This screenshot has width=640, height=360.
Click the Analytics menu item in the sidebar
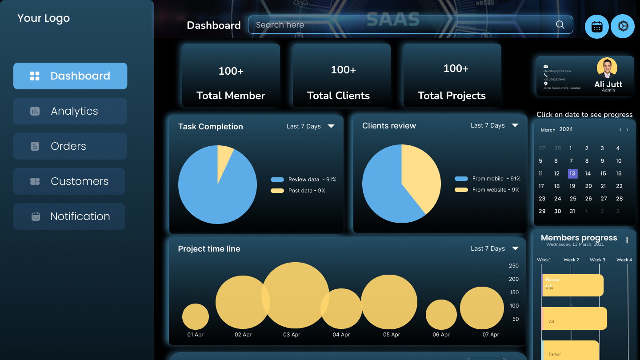pos(70,111)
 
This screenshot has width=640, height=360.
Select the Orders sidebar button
pos(70,146)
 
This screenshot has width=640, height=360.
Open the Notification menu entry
pos(69,216)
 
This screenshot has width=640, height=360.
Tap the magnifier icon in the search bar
pos(560,25)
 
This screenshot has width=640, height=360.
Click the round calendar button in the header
pos(596,27)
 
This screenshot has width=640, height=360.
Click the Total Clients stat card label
pos(338,96)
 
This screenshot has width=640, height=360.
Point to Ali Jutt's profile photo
pos(607,68)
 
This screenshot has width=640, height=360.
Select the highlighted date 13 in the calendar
pos(572,173)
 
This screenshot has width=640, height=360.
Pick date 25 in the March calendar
pos(573,199)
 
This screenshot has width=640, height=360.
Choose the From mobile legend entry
pos(488,179)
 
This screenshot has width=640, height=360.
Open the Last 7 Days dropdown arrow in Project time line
pos(515,248)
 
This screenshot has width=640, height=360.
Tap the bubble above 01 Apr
pos(196,316)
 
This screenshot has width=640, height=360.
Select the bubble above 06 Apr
pos(441,315)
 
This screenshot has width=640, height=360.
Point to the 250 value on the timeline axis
pos(514,266)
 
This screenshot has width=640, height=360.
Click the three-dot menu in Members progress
pos(627,240)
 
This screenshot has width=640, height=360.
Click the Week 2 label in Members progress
pos(571,260)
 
